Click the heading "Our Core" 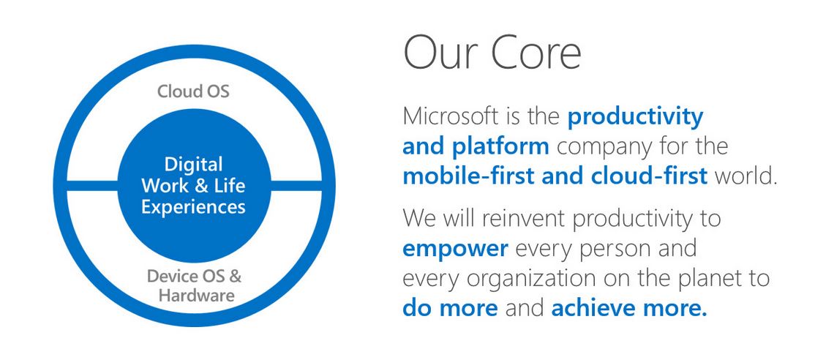click(x=492, y=53)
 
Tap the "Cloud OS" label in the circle click(x=193, y=91)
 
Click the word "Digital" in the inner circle click(x=193, y=165)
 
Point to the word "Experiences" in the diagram click(x=193, y=206)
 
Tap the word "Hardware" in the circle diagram click(x=197, y=295)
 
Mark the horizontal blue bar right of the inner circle click(x=296, y=186)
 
